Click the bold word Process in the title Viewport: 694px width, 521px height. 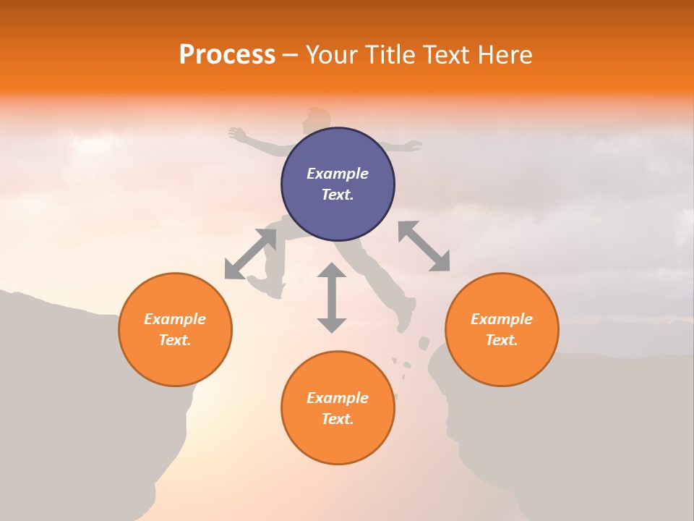pos(227,55)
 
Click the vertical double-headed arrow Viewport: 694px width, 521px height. pos(332,297)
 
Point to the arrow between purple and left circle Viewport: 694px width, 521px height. pos(250,254)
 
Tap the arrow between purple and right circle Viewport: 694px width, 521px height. pos(424,246)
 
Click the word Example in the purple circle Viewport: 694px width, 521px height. pos(338,174)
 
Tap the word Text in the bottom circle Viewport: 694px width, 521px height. pos(338,419)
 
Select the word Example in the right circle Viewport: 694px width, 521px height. pos(502,319)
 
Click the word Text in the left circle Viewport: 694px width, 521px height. pos(175,340)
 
